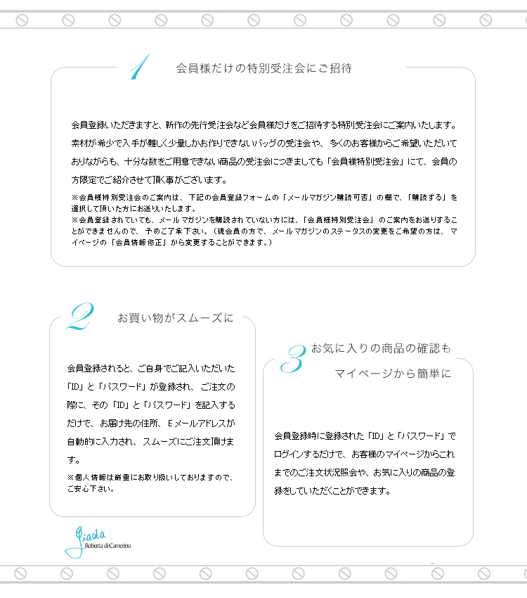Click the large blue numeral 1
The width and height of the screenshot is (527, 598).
[x=138, y=68]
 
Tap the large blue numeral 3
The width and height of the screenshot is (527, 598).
[x=292, y=359]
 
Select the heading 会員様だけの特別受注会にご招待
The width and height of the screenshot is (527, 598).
[x=263, y=68]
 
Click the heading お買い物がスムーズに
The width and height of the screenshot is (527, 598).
[x=176, y=318]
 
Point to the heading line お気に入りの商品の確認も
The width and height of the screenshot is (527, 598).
[x=380, y=348]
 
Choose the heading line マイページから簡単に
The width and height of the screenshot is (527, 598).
[x=392, y=373]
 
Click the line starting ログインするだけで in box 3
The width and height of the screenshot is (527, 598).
[x=364, y=454]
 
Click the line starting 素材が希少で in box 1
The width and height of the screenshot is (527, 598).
[x=263, y=143]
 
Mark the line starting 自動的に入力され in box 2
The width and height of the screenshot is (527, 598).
[x=150, y=441]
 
